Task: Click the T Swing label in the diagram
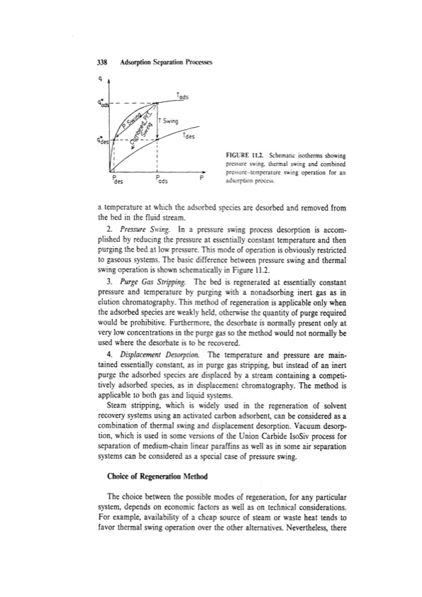(x=169, y=121)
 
